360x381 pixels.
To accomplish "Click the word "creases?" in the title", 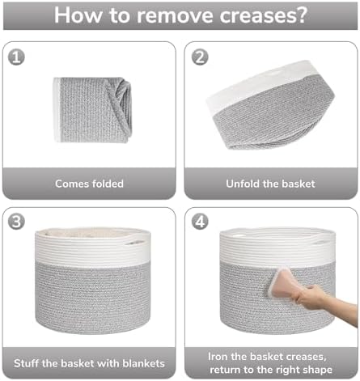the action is pyautogui.click(x=263, y=15).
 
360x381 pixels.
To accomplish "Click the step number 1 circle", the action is pyautogui.click(x=16, y=57).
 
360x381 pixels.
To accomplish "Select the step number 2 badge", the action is pyautogui.click(x=200, y=57).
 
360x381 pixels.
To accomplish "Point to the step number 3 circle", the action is pyautogui.click(x=16, y=222).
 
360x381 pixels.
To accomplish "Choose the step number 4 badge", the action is pyautogui.click(x=200, y=222).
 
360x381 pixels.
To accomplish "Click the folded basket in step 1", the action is pyautogui.click(x=92, y=110).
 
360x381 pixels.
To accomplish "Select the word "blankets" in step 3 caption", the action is pyautogui.click(x=143, y=363).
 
